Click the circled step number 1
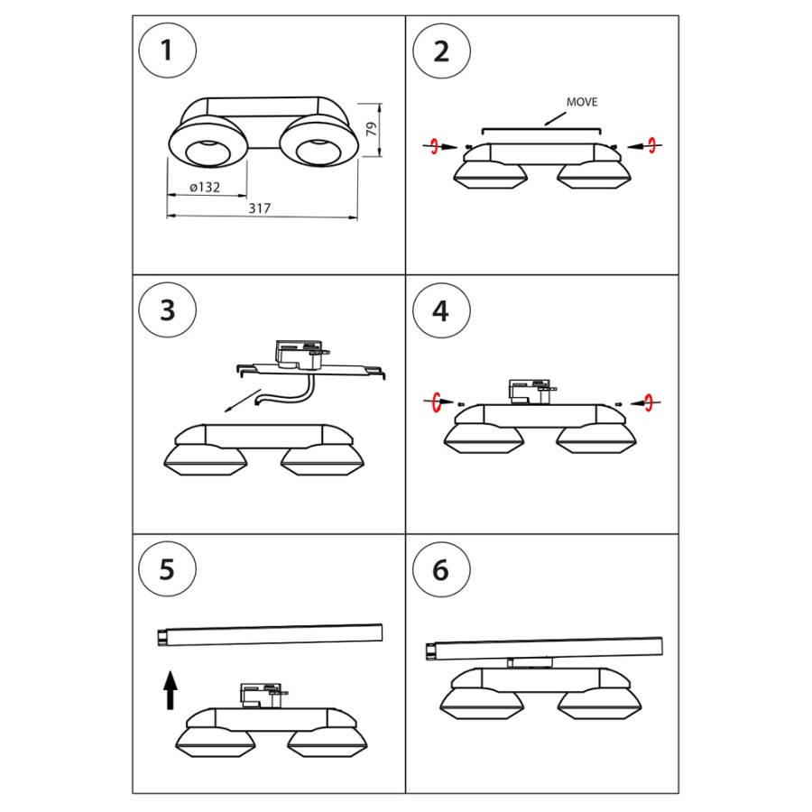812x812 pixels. (x=167, y=51)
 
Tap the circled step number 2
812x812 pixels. (x=441, y=51)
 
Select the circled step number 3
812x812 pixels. (x=167, y=310)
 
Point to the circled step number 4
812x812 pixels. (x=441, y=310)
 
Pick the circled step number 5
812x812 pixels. (x=167, y=570)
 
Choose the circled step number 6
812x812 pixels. (x=441, y=570)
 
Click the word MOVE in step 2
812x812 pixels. (x=582, y=103)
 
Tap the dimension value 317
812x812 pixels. (x=260, y=208)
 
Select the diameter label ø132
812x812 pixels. (x=207, y=187)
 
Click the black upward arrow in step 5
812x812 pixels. (x=170, y=692)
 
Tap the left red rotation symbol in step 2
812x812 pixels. (x=435, y=146)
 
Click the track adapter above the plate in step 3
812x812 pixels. (x=297, y=355)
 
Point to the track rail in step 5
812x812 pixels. (x=270, y=634)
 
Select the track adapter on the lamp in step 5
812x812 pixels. (x=261, y=695)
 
